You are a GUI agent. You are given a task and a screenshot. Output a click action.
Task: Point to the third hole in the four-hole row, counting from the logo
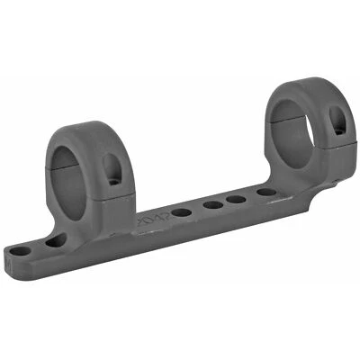coord(238,199)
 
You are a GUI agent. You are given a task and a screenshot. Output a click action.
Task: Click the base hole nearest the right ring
coord(265,192)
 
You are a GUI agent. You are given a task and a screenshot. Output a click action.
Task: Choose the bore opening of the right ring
coord(297,112)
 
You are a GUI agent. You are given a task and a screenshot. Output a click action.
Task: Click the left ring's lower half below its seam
coord(90,193)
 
